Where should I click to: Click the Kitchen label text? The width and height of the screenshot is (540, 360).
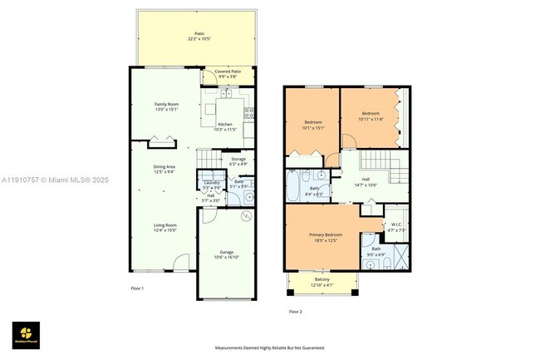pos(225,126)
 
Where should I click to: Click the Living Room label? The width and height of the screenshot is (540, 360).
pos(164,227)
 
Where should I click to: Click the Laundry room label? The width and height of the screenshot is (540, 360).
pos(211,184)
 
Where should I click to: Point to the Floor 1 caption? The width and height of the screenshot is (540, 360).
pos(138,288)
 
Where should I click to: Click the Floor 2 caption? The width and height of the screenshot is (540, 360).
pos(296,311)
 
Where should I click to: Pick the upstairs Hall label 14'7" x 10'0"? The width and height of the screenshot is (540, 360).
pos(366,180)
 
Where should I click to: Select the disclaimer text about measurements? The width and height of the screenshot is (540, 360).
pos(270,348)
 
